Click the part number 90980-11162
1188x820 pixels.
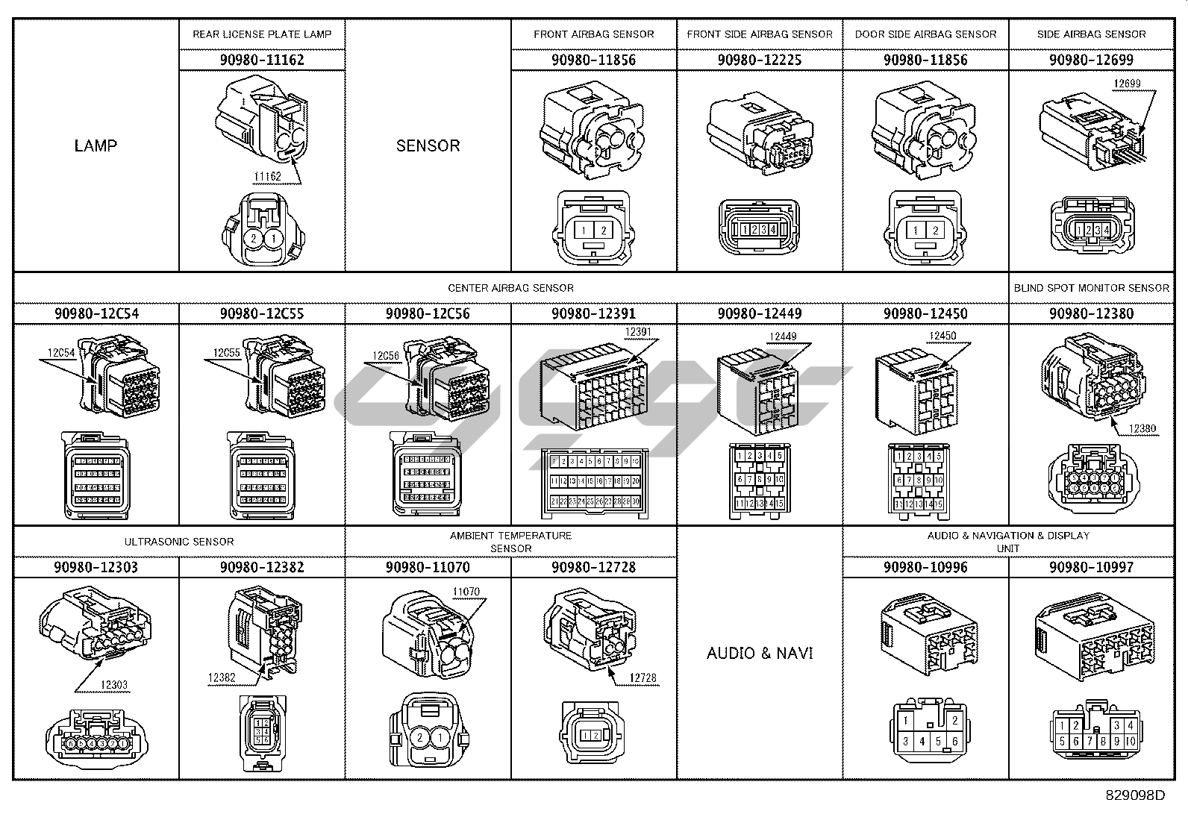[x=262, y=60]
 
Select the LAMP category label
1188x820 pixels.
[x=96, y=145]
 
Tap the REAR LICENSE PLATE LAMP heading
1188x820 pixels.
[x=262, y=34]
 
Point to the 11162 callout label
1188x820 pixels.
[x=267, y=177]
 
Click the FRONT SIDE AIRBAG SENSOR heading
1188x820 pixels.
[x=760, y=34]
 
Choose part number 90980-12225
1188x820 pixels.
[x=760, y=60]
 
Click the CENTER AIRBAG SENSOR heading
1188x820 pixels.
[x=510, y=288]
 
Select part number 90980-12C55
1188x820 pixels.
[x=262, y=313]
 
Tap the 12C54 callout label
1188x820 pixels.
[x=61, y=353]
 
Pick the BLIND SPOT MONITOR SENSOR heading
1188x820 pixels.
[x=1091, y=288]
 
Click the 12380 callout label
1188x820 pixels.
[x=1142, y=429]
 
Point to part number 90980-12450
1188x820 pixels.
[x=925, y=313]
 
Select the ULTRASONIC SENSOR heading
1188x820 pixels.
[x=179, y=542]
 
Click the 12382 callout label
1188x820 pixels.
[x=222, y=677]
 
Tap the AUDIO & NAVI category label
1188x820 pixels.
[x=760, y=654]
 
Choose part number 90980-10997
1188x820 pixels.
[x=1091, y=567]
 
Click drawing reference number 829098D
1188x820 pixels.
[x=1134, y=795]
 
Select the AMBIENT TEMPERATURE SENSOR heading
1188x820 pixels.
[x=510, y=542]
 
